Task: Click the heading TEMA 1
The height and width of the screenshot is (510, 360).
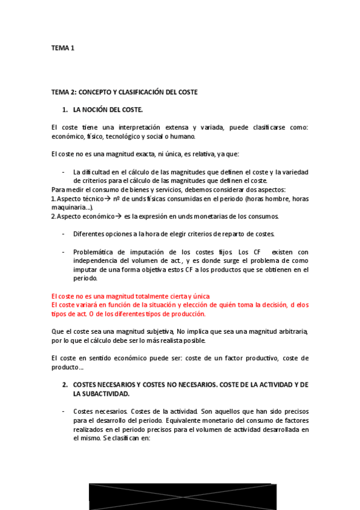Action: [63, 49]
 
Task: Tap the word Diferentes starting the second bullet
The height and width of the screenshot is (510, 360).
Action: [91, 233]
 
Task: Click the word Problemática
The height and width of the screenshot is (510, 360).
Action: [95, 251]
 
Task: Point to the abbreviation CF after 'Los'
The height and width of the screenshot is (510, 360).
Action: [258, 251]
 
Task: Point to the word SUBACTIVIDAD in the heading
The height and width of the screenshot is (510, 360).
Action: [102, 393]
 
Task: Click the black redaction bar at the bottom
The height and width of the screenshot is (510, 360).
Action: [183, 497]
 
